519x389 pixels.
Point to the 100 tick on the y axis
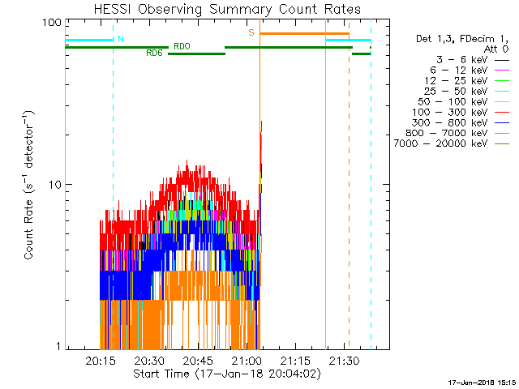(x=53, y=24)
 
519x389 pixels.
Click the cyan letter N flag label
(x=121, y=39)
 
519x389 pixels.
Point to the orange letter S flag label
(x=251, y=32)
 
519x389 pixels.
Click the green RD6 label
(x=154, y=53)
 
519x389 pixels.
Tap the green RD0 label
(x=182, y=46)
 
